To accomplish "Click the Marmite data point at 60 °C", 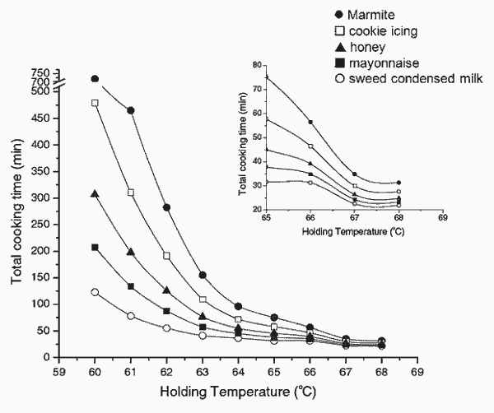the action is tap(95, 79).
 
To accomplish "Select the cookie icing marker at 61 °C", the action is tap(131, 193).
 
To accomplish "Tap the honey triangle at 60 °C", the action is tap(95, 194).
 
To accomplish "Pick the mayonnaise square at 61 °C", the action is tap(131, 286).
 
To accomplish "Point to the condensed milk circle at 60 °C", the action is tap(95, 292).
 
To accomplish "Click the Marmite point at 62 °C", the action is tap(166, 207).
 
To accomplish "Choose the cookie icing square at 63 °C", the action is tap(203, 299).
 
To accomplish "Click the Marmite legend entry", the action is tap(364, 15).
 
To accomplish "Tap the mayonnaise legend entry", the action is tap(377, 63).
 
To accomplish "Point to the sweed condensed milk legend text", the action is tap(416, 78).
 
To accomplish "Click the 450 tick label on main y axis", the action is tap(40, 118).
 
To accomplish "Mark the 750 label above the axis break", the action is tap(40, 73).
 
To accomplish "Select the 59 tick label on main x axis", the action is tap(59, 372).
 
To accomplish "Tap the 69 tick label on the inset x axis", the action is tap(443, 217).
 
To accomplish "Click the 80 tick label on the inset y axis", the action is tap(258, 65).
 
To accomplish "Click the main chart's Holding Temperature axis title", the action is tap(238, 392).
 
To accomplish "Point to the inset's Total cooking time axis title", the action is tap(243, 143).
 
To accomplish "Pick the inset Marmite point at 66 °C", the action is tap(310, 122).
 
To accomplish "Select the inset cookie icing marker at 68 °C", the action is tap(398, 192).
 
